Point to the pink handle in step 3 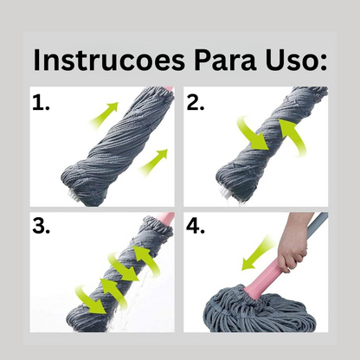click(x=165, y=219)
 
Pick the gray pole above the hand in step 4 click(x=321, y=222)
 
